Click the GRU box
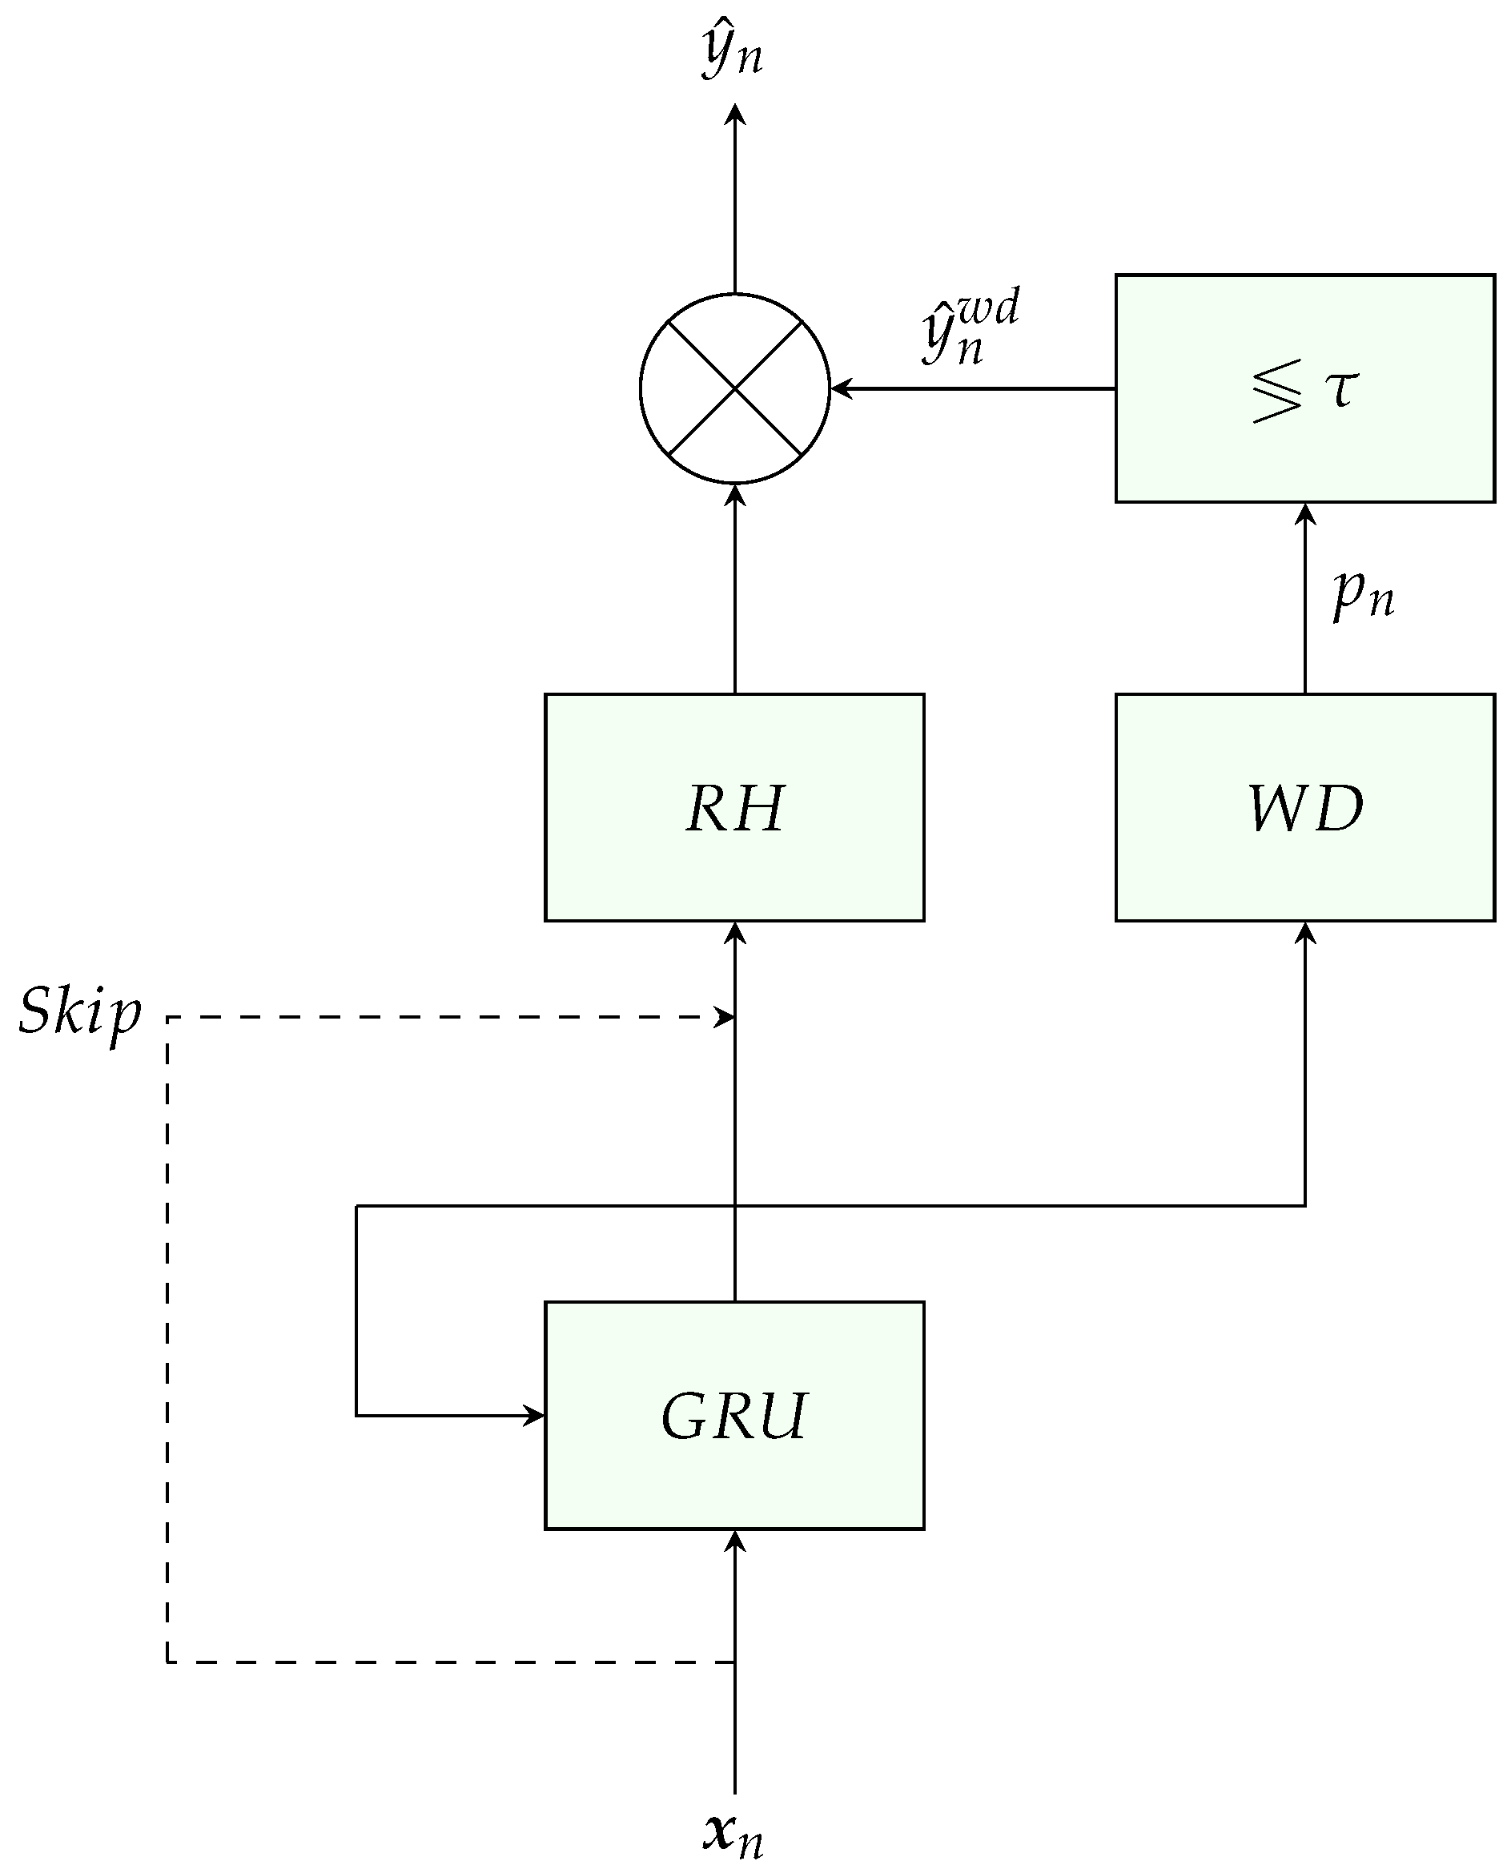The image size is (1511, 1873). click(733, 1416)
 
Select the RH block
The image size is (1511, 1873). click(733, 808)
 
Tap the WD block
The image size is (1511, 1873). click(1304, 808)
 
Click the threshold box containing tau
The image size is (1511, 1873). click(1304, 388)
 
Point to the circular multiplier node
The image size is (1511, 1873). click(734, 388)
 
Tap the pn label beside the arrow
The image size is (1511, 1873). click(1363, 593)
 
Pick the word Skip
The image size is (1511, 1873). click(79, 1012)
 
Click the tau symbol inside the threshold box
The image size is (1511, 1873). click(1341, 388)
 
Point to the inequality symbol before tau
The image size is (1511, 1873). click(1277, 392)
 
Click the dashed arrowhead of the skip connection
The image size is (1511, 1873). click(725, 1016)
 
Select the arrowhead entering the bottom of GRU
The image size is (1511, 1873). click(734, 1541)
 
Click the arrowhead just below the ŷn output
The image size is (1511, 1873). click(734, 114)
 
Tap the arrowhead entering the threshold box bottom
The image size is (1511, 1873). click(1304, 513)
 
